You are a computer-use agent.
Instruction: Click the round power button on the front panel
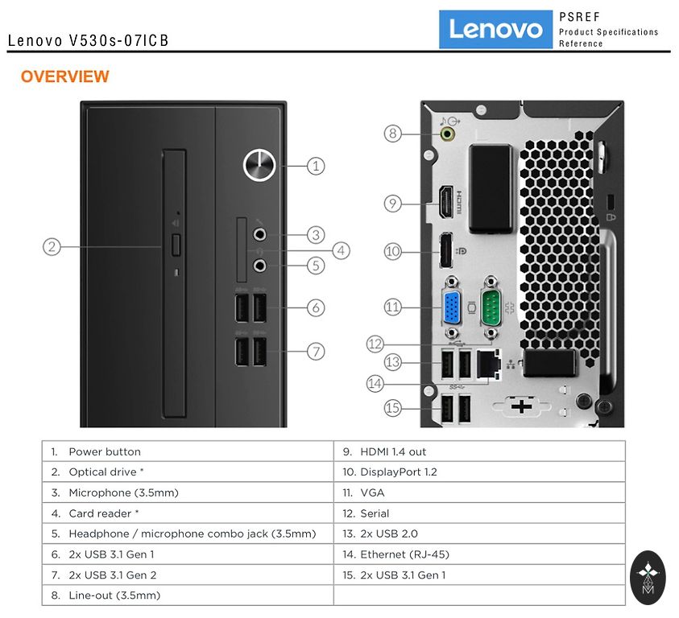(257, 166)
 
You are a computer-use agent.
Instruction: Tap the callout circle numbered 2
(52, 246)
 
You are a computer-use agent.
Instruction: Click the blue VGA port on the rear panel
(451, 307)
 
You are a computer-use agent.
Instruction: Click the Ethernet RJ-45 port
(486, 365)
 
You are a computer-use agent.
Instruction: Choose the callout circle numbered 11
(392, 307)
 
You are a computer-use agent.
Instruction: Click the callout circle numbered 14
(375, 384)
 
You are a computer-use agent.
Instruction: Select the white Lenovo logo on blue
(495, 29)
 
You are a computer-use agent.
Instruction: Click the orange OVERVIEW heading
(64, 77)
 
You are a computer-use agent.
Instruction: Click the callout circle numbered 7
(316, 351)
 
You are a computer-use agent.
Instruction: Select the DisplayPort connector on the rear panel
(443, 250)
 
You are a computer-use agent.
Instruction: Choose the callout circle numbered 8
(392, 134)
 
